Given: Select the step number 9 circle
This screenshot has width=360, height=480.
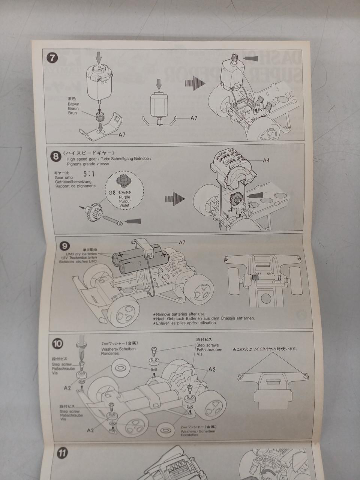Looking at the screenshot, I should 64,246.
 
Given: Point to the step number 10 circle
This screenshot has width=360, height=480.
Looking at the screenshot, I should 58,343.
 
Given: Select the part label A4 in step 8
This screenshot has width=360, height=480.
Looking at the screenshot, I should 266,160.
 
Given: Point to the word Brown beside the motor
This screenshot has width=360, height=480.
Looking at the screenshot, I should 73,104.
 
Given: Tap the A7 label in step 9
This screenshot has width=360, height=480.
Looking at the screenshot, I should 181,243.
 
